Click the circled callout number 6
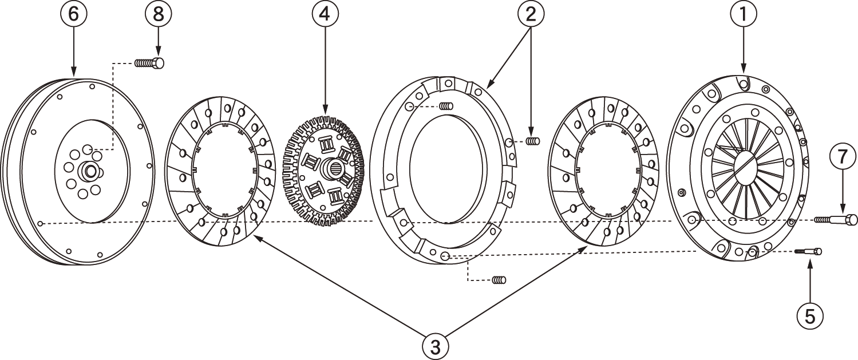[x=74, y=14]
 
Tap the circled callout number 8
[x=158, y=14]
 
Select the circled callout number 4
[x=325, y=14]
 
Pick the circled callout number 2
[x=531, y=14]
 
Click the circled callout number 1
[x=744, y=14]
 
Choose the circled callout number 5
[x=810, y=315]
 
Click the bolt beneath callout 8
[x=149, y=62]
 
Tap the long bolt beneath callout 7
[x=836, y=219]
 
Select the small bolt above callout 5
[x=808, y=251]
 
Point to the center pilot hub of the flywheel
[x=90, y=170]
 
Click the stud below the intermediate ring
[x=499, y=280]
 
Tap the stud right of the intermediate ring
[x=533, y=141]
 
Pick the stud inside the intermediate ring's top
[x=447, y=105]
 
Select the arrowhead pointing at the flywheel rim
[x=74, y=73]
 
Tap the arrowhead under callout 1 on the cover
[x=744, y=70]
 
